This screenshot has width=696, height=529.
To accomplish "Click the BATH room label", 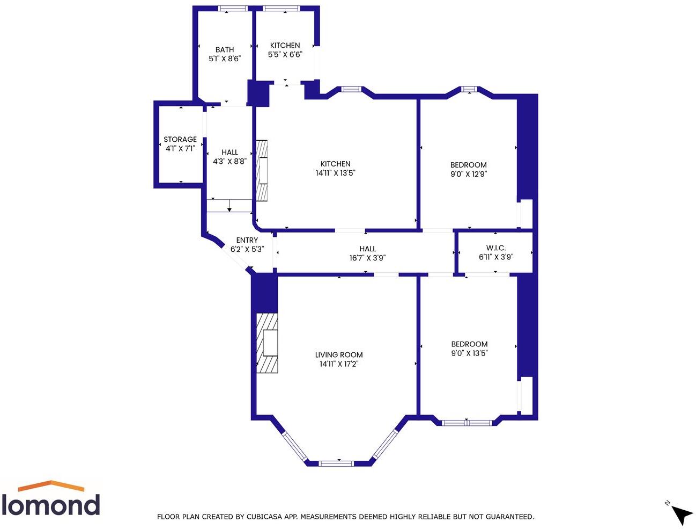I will (x=225, y=49).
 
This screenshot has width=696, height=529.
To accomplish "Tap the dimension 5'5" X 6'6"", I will (x=285, y=54).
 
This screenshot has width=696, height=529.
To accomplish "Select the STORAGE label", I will (x=180, y=139).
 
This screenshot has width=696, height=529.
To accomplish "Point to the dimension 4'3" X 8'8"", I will (x=229, y=161).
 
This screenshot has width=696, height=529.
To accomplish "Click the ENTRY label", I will (x=247, y=240).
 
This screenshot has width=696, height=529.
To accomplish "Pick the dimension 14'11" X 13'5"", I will (x=336, y=173).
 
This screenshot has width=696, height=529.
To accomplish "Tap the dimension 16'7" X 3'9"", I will (x=367, y=258).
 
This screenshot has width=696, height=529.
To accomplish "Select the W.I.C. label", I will (x=496, y=248).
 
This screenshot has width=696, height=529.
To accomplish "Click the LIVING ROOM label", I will (x=339, y=354).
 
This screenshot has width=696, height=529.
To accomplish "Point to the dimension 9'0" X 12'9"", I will (x=469, y=174).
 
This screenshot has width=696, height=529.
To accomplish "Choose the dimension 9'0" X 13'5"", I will (x=469, y=353).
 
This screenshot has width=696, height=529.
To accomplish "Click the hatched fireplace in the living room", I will (x=268, y=343).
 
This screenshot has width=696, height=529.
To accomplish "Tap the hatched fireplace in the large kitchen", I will (x=261, y=170).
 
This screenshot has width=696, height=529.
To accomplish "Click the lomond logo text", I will (x=51, y=505).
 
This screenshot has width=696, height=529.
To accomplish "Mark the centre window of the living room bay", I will (x=336, y=463).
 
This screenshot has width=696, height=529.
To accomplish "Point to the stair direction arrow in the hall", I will (x=229, y=206).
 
